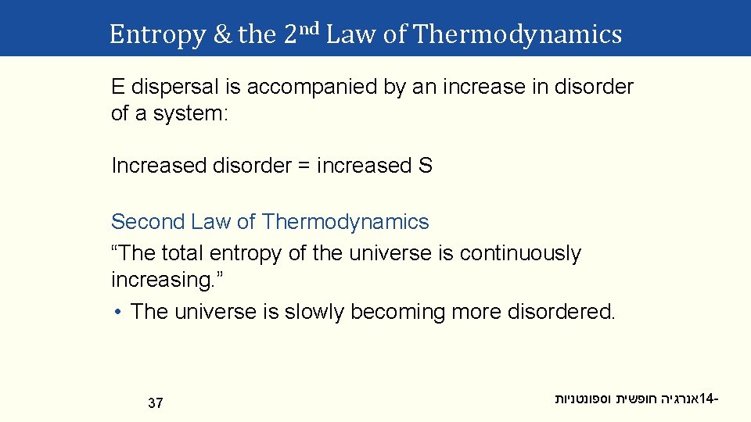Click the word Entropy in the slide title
pos(156,34)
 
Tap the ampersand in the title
pos(222,34)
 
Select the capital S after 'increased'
pos(426,166)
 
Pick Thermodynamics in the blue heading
pos(346,222)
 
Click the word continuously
pos(520,253)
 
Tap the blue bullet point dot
pos(116,312)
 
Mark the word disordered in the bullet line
pos(560,312)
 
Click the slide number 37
pos(156,403)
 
